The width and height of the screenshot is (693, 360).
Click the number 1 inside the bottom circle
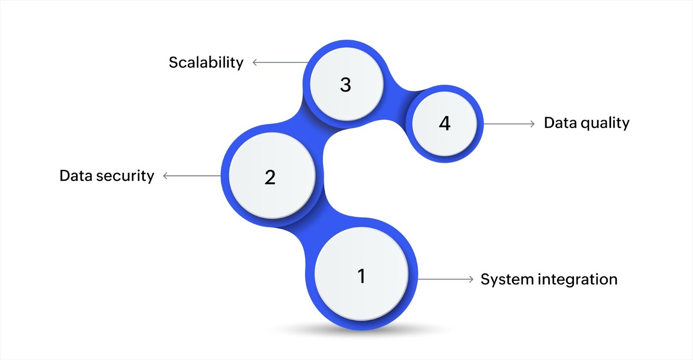coord(361,276)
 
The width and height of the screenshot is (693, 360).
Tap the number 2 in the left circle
coord(270,177)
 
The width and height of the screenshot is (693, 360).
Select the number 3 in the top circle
coord(345,84)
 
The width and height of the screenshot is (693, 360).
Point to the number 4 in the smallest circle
coord(444,124)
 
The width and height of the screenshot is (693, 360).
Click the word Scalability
coord(206,63)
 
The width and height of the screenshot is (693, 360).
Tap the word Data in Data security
coord(76,176)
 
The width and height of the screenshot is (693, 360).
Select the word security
coord(125,176)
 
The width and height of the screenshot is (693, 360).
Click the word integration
coord(577,279)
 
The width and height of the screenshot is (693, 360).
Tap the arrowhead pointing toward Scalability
coord(255,63)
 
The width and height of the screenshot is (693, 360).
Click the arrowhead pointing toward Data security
coord(165,176)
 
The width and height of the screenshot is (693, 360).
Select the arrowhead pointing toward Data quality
coord(532,124)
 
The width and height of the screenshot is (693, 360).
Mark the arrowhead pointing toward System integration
coord(471,279)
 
